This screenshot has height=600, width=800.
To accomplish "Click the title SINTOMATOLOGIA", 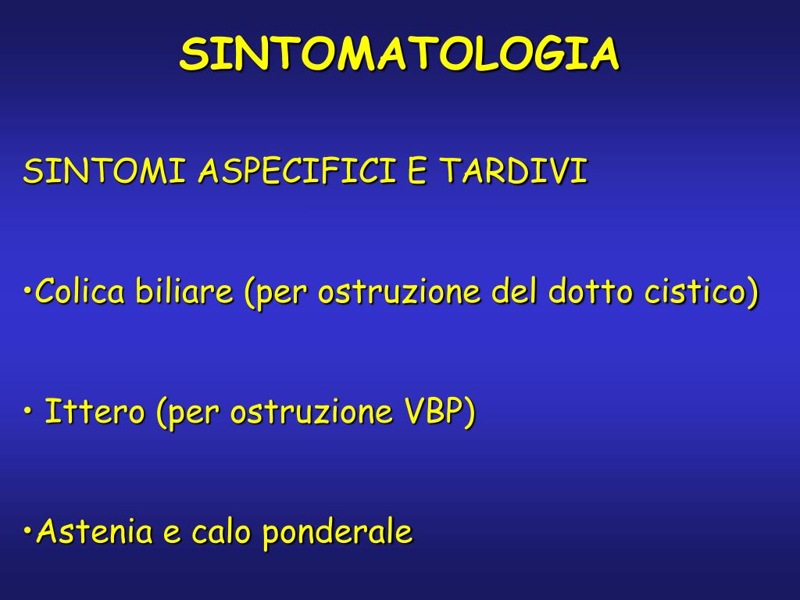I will [399, 55].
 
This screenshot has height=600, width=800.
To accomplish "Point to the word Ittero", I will [95, 412].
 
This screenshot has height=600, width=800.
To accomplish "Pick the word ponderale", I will [337, 533].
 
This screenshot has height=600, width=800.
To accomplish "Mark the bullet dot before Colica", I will [28, 293].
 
